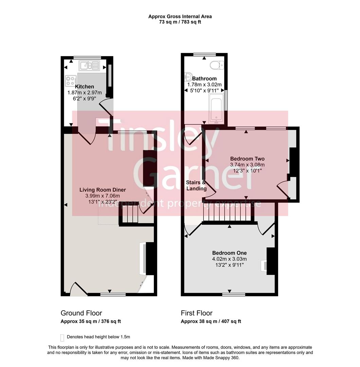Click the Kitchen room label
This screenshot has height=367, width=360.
[x=85, y=87]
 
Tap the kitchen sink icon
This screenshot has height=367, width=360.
[x=89, y=65]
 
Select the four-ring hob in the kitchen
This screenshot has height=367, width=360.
[x=71, y=80]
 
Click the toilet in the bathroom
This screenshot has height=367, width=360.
[x=217, y=65]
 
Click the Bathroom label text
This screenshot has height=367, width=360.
[x=204, y=78]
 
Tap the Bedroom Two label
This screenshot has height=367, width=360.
[x=247, y=159]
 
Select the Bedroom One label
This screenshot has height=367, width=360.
[x=229, y=253]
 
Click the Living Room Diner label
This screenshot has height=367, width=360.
[x=103, y=190]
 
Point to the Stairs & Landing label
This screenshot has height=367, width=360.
[x=196, y=186]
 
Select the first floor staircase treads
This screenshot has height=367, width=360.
[x=228, y=214]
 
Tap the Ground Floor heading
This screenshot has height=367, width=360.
[x=81, y=313]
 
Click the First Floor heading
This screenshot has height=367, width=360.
[x=197, y=313]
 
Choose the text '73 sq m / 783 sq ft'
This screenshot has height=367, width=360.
[x=180, y=22]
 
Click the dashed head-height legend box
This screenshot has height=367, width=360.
[x=62, y=337]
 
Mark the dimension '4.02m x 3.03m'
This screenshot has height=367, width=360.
[x=229, y=259]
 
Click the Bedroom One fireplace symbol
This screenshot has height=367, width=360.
[x=264, y=265]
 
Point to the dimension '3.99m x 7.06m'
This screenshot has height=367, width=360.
[x=103, y=196]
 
